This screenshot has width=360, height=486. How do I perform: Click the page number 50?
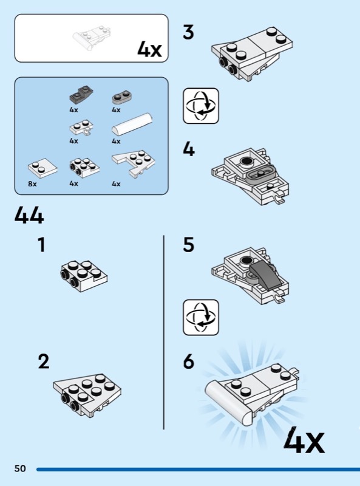click(20, 468)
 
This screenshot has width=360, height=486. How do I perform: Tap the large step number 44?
click(29, 216)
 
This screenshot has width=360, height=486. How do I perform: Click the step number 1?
click(41, 245)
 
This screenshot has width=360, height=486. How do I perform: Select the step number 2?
click(43, 361)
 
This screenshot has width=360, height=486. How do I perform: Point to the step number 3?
click(188, 32)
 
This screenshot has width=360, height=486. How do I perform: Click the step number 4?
click(189, 149)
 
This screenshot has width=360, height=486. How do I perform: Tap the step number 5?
click(189, 245)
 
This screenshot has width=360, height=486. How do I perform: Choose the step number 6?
click(189, 361)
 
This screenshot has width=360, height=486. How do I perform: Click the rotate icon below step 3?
click(201, 106)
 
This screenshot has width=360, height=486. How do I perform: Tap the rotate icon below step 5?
click(201, 317)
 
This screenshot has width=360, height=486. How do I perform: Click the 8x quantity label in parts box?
click(32, 184)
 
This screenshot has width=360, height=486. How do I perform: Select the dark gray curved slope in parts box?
click(81, 95)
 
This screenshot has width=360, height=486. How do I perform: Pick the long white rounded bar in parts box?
click(132, 125)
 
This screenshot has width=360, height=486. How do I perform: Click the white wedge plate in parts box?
click(134, 164)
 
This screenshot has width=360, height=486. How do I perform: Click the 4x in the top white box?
click(149, 49)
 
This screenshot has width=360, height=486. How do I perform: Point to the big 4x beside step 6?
click(304, 440)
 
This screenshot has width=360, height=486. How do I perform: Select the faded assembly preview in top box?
click(92, 38)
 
